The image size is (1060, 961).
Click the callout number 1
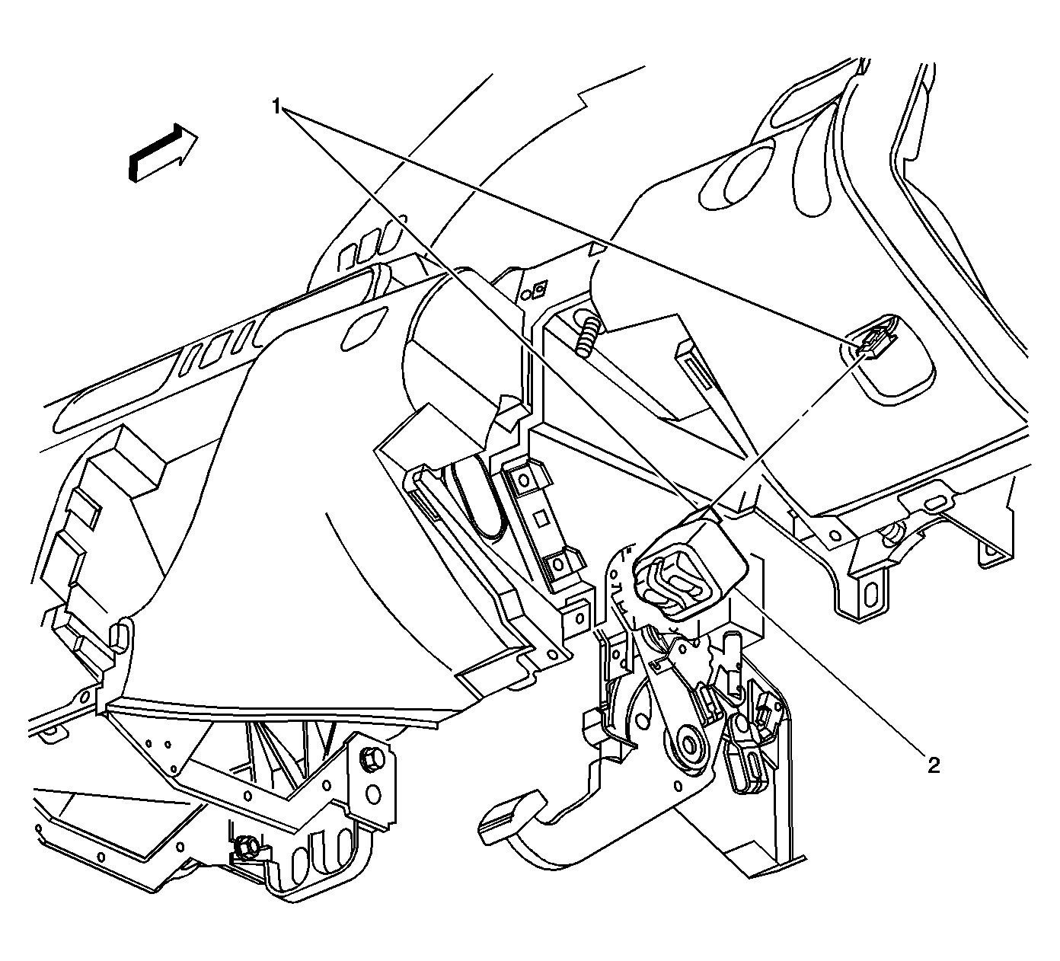click(x=276, y=107)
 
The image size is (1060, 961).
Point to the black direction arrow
click(x=163, y=153)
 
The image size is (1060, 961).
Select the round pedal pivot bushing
click(x=689, y=744)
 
